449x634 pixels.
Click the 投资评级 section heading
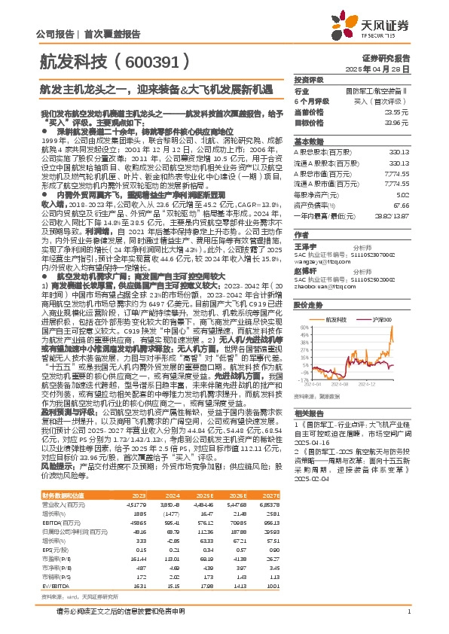[x=308, y=79]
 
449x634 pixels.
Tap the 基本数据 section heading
[x=308, y=141]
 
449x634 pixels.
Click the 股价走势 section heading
[x=308, y=265]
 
